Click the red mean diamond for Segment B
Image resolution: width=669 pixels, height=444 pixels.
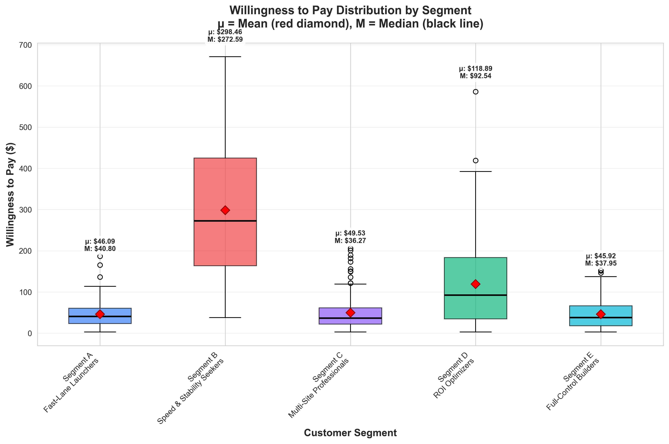click(225, 210)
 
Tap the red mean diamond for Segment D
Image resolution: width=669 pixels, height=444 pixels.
click(475, 284)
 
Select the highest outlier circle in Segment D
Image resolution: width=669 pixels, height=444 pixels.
click(475, 92)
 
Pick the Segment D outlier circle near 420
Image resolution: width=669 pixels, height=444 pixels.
click(475, 160)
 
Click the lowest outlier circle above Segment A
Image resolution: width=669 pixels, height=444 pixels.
click(100, 277)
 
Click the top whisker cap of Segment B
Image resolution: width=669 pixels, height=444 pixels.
click(225, 57)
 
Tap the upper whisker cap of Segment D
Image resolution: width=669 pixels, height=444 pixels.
click(475, 171)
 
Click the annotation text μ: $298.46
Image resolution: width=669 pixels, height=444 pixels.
click(225, 32)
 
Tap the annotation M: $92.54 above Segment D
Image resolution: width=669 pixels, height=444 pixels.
click(475, 76)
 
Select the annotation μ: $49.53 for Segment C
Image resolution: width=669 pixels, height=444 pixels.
click(350, 233)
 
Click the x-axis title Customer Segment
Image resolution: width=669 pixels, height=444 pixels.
click(350, 433)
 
